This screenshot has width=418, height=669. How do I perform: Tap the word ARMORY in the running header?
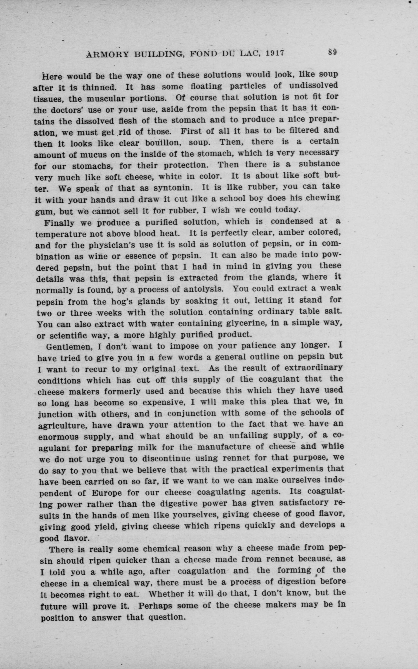pos(107,54)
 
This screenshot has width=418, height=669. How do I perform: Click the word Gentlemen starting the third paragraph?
pos(70,347)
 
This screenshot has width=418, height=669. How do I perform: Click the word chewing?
pos(323,198)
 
